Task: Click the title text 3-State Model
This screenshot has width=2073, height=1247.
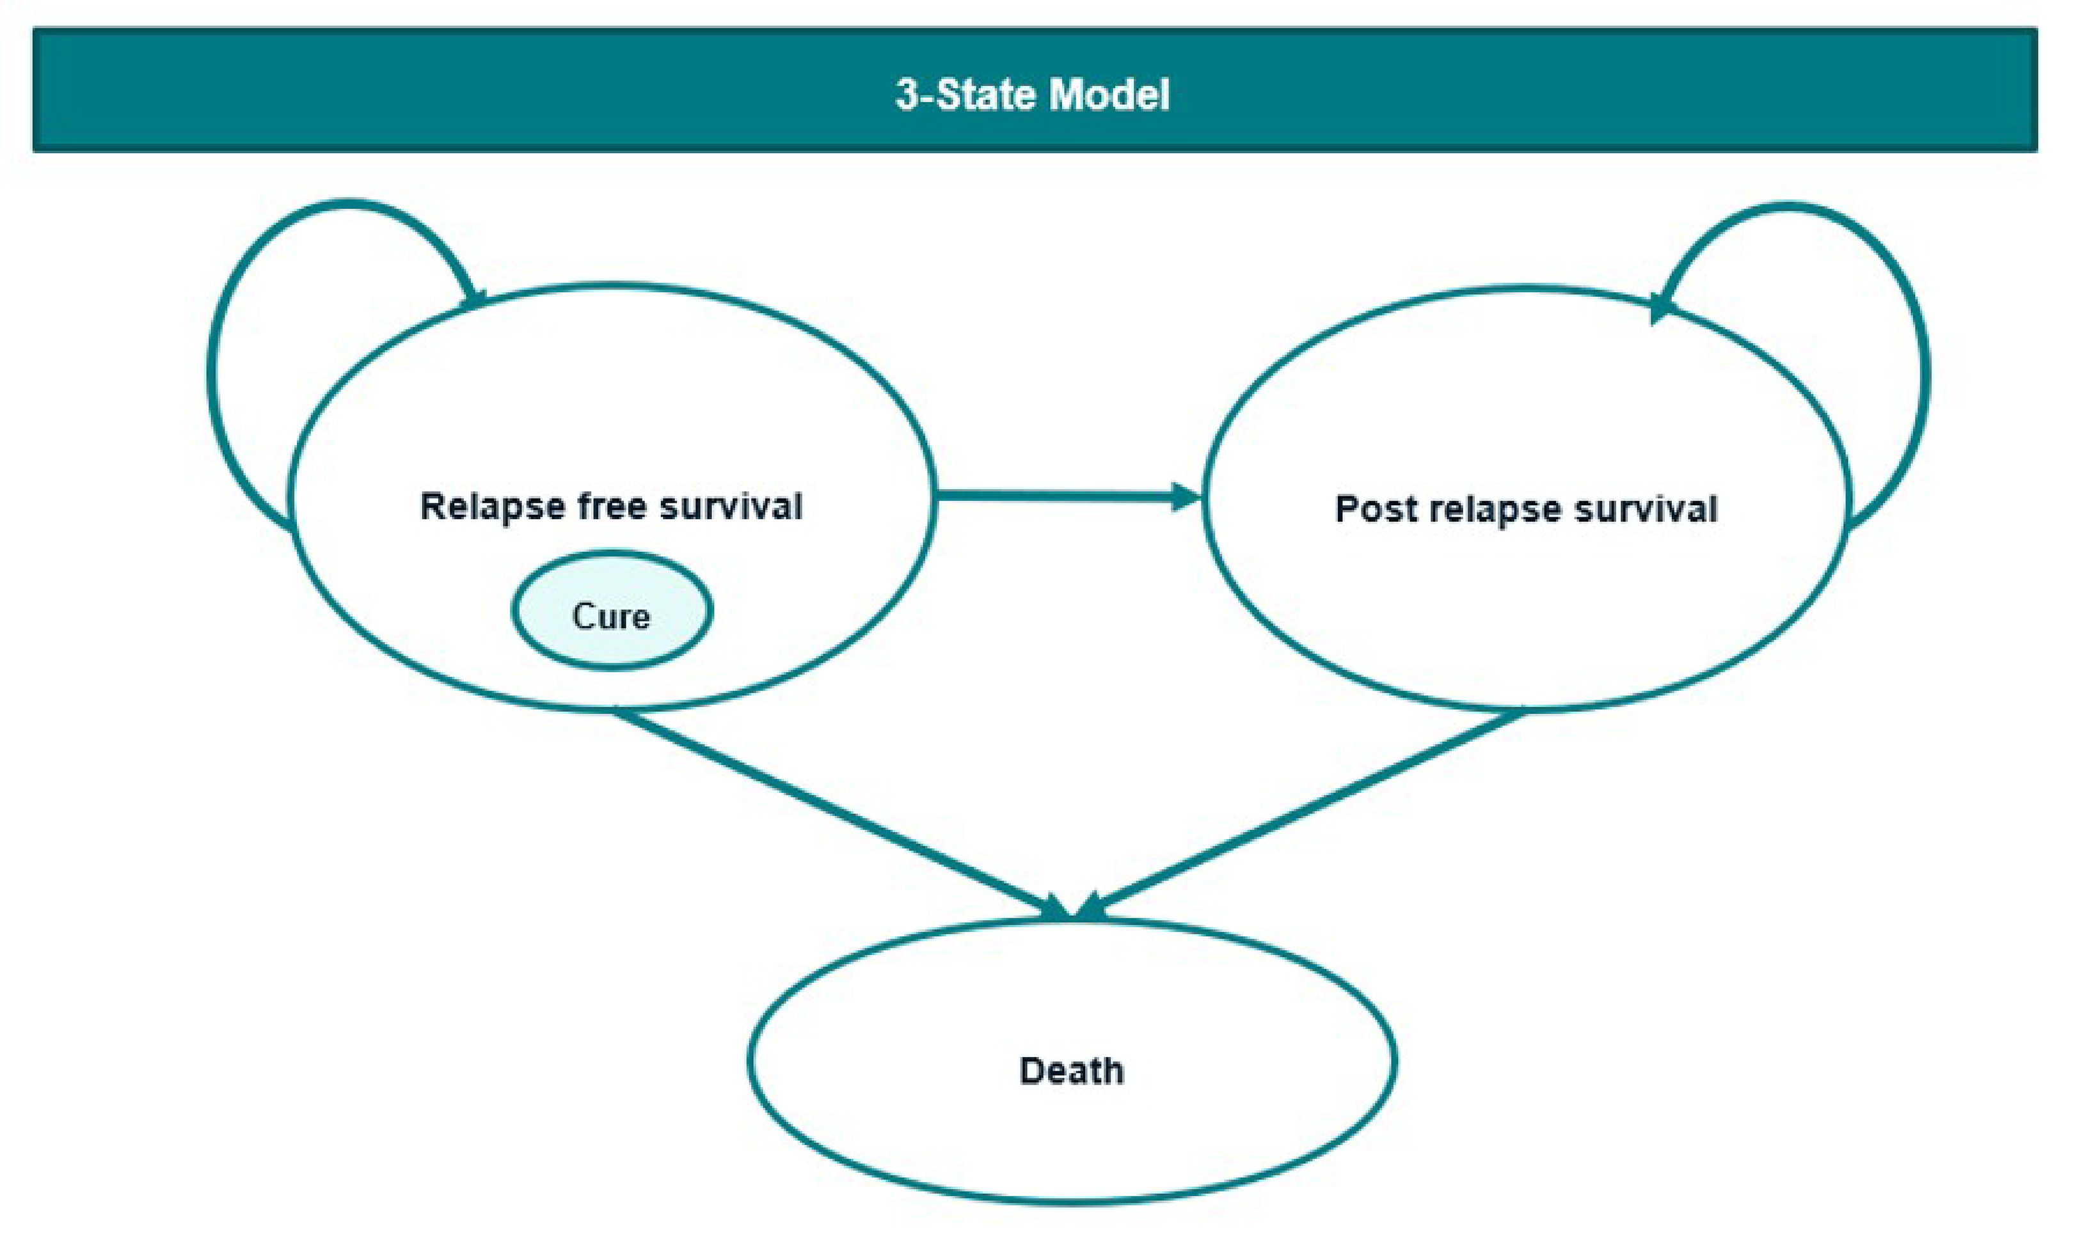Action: click(1032, 94)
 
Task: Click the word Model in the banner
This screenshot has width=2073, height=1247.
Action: click(1109, 94)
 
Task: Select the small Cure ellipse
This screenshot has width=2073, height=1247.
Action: click(612, 611)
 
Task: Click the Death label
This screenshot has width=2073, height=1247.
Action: click(1071, 1071)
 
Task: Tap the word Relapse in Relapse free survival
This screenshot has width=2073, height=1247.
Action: click(492, 506)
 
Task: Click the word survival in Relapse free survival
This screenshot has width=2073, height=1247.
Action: click(731, 506)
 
